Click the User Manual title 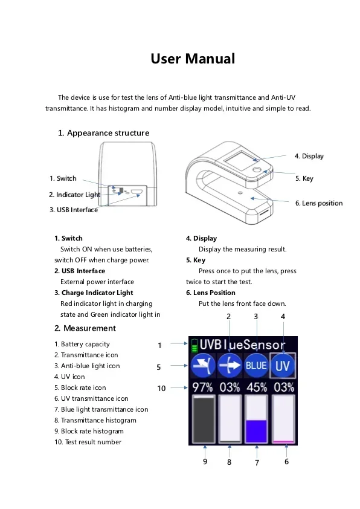pyautogui.click(x=192, y=59)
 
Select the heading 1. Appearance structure pyautogui.click(x=103, y=133)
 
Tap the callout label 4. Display pyautogui.click(x=309, y=156)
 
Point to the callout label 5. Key pyautogui.click(x=304, y=178)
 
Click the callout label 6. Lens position pyautogui.click(x=318, y=203)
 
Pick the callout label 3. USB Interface pyautogui.click(x=73, y=210)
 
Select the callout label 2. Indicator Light pyautogui.click(x=74, y=195)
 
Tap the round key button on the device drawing pyautogui.click(x=257, y=171)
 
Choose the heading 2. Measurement pyautogui.click(x=85, y=328)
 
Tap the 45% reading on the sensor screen pyautogui.click(x=257, y=387)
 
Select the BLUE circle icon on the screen pyautogui.click(x=256, y=366)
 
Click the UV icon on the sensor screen pyautogui.click(x=283, y=366)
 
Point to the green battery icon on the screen pyautogui.click(x=194, y=346)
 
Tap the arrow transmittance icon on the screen pyautogui.click(x=230, y=366)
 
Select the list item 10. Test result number pyautogui.click(x=88, y=442)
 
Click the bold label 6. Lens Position pyautogui.click(x=211, y=293)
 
